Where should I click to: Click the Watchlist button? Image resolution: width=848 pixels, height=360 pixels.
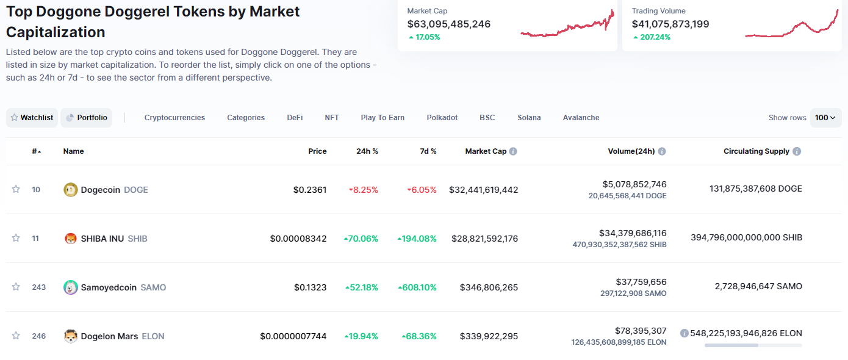(x=32, y=118)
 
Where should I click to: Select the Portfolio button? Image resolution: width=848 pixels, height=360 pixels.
(x=86, y=118)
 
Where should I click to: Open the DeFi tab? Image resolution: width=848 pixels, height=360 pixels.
(x=295, y=118)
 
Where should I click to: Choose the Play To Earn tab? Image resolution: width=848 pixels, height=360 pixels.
(x=383, y=118)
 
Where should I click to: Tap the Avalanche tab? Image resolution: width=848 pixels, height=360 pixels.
(x=581, y=118)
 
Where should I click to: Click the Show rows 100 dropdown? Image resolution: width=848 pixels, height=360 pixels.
(x=825, y=118)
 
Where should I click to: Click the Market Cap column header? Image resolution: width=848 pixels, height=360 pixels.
(x=486, y=151)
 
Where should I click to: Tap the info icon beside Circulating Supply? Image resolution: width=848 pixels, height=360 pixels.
(x=797, y=151)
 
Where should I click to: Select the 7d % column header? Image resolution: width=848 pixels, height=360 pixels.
(x=428, y=151)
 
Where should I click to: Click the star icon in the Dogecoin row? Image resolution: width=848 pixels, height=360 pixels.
(x=15, y=189)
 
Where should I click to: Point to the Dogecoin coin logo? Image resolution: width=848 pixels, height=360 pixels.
(x=70, y=190)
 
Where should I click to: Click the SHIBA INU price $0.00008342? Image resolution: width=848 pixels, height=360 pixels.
(x=298, y=239)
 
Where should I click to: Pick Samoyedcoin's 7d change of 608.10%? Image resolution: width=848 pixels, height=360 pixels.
(x=417, y=287)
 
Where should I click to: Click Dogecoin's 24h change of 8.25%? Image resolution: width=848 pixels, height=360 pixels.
(x=364, y=190)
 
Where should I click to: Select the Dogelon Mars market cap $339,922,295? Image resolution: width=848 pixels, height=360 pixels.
(x=489, y=336)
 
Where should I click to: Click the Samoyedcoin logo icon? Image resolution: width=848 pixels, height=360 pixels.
(x=70, y=287)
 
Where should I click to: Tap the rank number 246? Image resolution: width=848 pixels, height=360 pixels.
(x=38, y=336)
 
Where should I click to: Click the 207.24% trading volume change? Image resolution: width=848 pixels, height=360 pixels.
(x=652, y=37)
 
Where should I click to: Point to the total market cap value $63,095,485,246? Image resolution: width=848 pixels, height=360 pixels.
(x=448, y=24)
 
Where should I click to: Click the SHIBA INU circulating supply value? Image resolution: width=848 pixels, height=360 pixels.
(x=746, y=237)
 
